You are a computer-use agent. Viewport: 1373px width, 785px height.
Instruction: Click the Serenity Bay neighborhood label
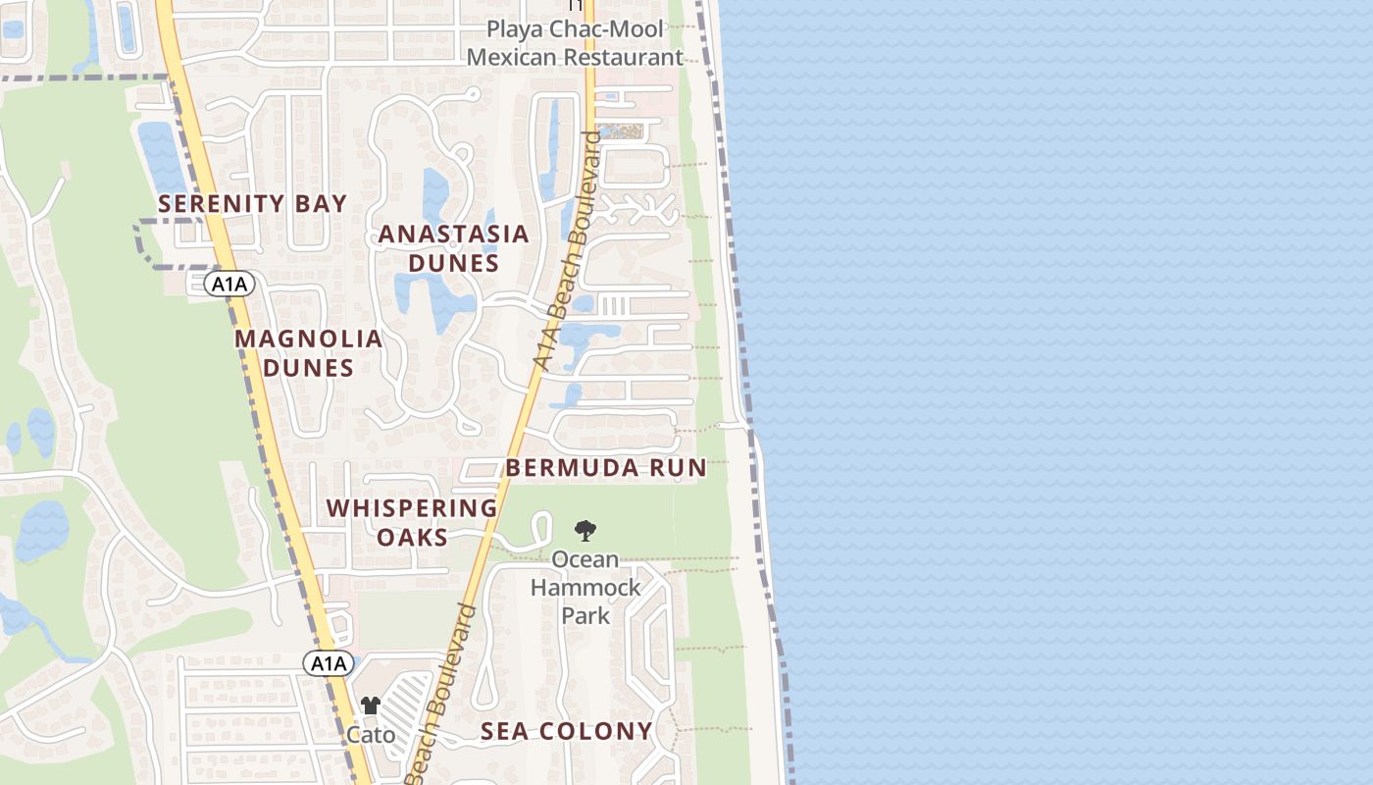coord(252,204)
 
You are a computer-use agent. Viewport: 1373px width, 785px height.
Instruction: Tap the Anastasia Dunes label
coord(453,248)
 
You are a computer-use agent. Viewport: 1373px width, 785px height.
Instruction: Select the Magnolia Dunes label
coord(308,353)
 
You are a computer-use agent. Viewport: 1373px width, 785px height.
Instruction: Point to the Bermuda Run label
coord(605,468)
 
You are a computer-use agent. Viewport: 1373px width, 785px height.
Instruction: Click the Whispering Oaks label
coord(412,522)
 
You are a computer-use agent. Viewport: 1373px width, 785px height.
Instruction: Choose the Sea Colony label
coord(566,731)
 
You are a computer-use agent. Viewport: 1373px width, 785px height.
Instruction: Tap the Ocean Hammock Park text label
coord(585,587)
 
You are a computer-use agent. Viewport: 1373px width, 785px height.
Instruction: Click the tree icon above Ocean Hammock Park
coord(585,531)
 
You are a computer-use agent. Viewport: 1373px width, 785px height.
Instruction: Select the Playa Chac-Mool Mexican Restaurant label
coord(575,43)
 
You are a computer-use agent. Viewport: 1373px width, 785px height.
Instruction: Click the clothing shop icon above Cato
coord(370,706)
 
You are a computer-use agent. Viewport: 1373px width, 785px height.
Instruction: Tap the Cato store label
coord(372,735)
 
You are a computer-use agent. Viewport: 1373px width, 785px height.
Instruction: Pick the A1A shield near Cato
coord(328,663)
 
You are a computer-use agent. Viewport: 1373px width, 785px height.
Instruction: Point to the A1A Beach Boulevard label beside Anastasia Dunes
coord(568,250)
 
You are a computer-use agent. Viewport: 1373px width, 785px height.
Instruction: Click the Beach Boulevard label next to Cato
coord(440,697)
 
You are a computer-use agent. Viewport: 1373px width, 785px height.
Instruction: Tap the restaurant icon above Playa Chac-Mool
coord(576,5)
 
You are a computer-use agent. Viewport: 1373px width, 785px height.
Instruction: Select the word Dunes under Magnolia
coord(308,368)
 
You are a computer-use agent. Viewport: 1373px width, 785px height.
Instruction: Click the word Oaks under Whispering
coord(412,537)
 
